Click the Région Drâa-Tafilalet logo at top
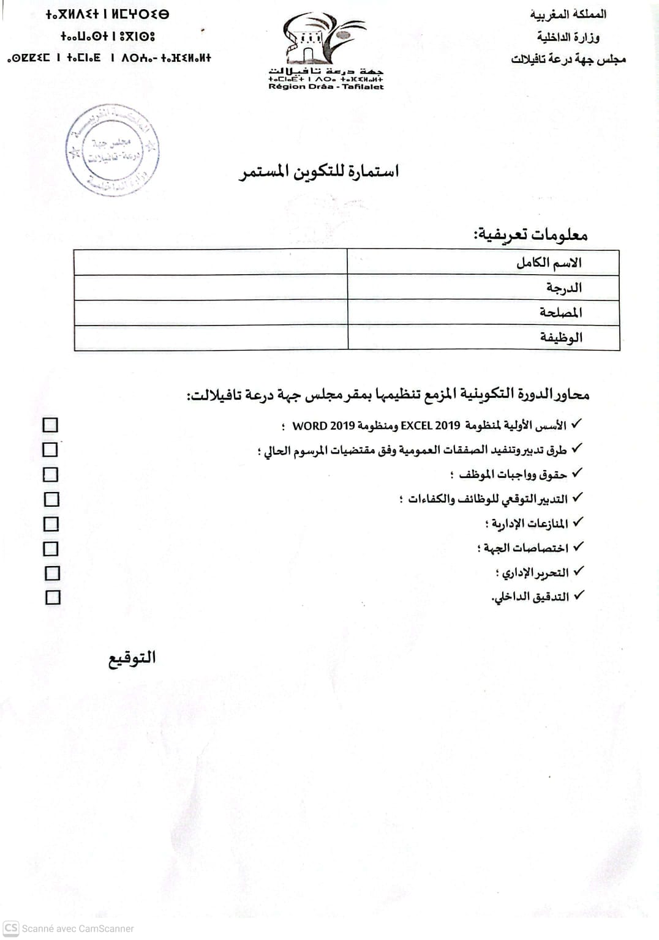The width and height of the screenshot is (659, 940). pos(325,51)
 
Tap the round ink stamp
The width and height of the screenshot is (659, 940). pos(112,151)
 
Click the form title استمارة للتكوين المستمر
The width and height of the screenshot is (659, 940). pos(318,171)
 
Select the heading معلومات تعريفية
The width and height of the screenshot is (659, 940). pos(530,234)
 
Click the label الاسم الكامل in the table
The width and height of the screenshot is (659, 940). pos(549,263)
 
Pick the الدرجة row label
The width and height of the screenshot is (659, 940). pos(564,288)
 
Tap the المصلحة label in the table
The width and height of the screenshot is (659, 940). pos(561,312)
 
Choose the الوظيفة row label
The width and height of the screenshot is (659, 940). pos(561,337)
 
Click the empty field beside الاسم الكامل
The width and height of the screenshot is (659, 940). pos(210,263)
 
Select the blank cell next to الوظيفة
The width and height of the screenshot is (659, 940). pos(210,337)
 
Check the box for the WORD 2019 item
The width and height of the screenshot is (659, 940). pos(50,425)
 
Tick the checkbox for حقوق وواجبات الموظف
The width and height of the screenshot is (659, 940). pos(51,474)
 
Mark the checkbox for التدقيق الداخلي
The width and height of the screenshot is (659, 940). pos(53,597)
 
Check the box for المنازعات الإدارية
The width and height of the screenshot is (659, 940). pos(51,524)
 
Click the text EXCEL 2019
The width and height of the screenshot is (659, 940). pos(430,425)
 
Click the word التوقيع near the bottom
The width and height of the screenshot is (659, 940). pos(132,658)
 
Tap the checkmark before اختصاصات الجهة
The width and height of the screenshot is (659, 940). pos(578,546)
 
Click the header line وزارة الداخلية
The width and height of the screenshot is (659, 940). pos(568,37)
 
